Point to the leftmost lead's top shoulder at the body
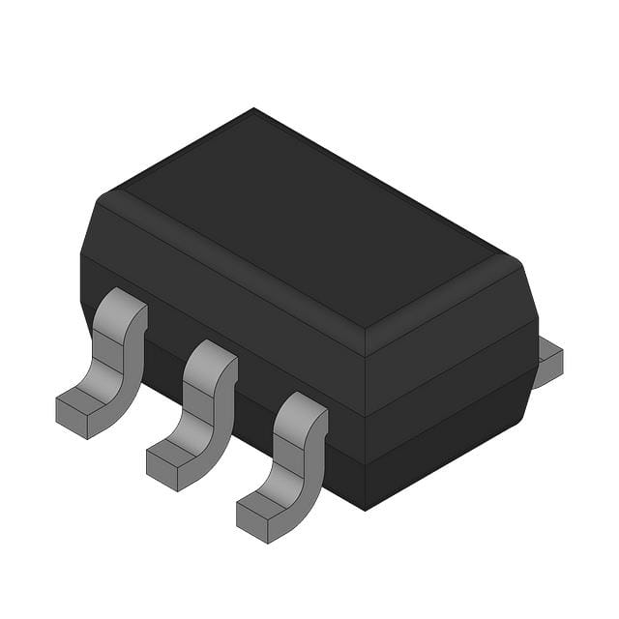(121, 302)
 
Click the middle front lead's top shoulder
(210, 353)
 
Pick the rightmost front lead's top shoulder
(301, 406)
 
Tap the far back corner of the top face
(253, 110)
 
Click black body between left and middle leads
(164, 334)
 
